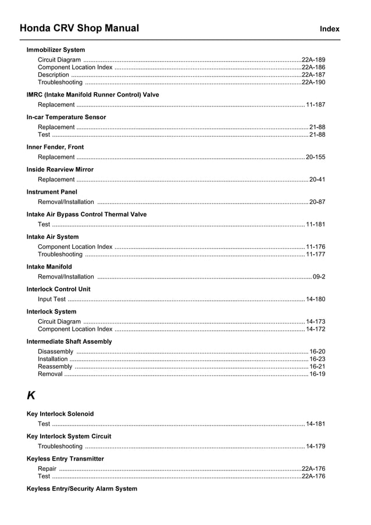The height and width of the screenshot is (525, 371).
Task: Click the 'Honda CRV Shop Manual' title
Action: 79,28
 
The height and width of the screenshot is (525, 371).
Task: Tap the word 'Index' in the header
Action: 329,29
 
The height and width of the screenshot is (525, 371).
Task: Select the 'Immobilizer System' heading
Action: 56,50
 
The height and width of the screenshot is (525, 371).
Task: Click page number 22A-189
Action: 313,60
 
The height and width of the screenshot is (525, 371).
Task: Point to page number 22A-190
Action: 313,83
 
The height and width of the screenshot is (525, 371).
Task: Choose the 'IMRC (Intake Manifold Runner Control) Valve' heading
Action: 92,95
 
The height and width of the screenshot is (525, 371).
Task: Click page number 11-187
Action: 315,105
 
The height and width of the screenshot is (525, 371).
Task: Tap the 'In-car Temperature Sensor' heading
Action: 66,117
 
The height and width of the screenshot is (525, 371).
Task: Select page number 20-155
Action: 315,157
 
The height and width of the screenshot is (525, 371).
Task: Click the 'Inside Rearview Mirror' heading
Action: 60,170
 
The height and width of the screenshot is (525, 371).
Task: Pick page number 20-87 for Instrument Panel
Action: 317,202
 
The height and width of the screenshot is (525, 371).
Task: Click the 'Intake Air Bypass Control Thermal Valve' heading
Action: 87,215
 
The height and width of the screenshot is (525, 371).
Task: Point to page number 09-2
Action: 319,277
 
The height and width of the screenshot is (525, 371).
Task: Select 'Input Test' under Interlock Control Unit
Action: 52,299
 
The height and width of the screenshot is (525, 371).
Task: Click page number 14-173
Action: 315,322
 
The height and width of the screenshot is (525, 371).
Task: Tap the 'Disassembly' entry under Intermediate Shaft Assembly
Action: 55,352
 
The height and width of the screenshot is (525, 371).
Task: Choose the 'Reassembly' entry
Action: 55,367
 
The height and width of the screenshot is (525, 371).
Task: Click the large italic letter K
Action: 31,396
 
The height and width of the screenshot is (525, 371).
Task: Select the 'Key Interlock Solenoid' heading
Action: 60,414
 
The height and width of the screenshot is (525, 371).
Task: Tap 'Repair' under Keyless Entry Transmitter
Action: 47,469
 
